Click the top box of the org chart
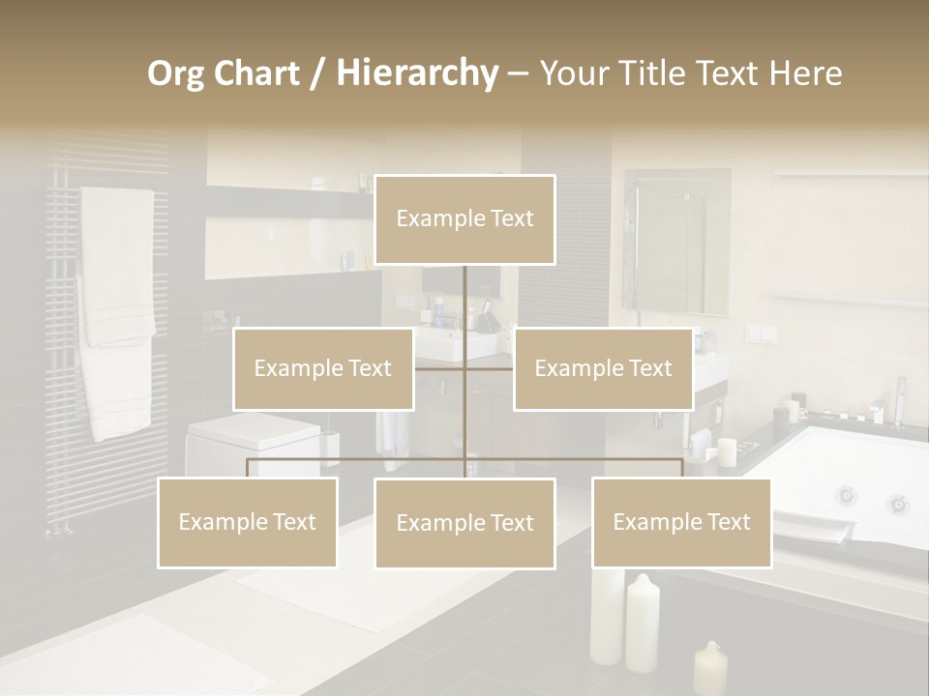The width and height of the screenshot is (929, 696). tap(464, 219)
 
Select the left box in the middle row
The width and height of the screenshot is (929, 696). tap(323, 368)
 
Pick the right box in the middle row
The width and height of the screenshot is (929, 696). tap(603, 368)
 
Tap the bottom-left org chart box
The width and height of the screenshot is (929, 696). tap(248, 522)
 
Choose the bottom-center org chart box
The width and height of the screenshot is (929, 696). tap(464, 523)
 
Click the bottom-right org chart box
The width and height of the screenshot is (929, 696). tap(681, 522)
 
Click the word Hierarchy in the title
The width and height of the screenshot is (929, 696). tap(417, 73)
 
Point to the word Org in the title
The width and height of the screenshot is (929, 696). tap(176, 73)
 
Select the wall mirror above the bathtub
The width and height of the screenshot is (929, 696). tap(677, 242)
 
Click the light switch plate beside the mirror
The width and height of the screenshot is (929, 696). tap(761, 334)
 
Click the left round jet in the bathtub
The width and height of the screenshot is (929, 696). tap(847, 496)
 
